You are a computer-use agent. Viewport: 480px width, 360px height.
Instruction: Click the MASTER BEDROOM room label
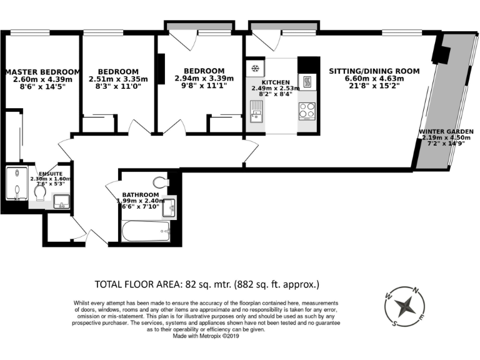tap(41, 72)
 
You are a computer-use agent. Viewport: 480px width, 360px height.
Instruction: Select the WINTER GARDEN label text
tap(446, 132)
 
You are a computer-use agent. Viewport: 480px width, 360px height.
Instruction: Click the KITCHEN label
tap(276, 82)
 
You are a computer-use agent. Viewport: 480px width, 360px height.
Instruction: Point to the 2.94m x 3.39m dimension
tap(204, 78)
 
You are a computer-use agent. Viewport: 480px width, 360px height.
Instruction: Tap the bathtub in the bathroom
tap(146, 234)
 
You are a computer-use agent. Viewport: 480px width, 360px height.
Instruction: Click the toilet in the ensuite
tap(40, 196)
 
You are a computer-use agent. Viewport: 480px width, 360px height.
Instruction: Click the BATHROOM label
tap(141, 195)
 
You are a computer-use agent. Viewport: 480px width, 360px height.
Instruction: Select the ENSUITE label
tap(50, 173)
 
